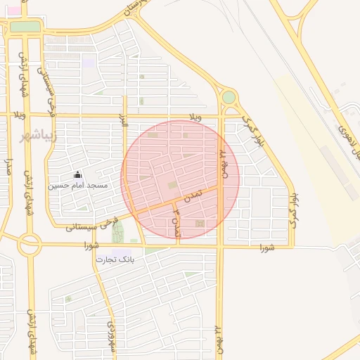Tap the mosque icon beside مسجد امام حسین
click(x=77, y=175)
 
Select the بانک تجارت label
click(x=114, y=259)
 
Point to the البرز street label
click(x=124, y=119)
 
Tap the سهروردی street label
click(x=110, y=337)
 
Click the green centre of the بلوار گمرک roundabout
click(x=229, y=97)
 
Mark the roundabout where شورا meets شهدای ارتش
click(x=29, y=245)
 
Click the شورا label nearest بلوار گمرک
click(x=266, y=247)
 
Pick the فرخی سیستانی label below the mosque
click(x=91, y=225)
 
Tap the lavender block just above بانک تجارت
click(x=121, y=252)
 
